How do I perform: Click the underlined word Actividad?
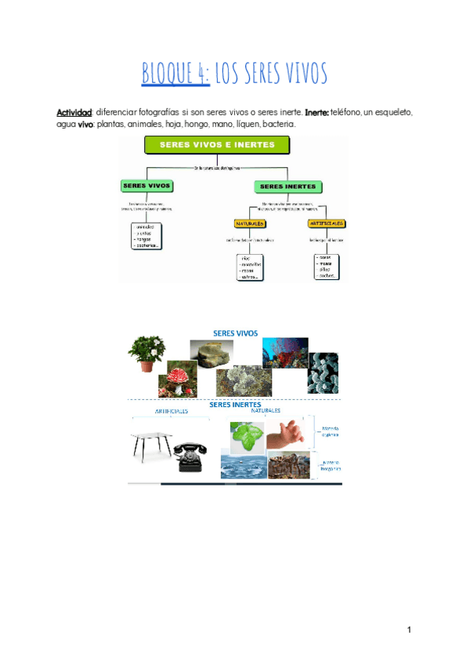[74, 113]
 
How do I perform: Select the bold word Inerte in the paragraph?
[316, 113]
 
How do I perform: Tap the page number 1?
[409, 630]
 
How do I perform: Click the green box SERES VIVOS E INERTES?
[217, 145]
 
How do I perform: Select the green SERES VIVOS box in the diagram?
[146, 187]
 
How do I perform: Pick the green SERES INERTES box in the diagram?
[287, 187]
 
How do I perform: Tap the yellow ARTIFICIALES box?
[327, 223]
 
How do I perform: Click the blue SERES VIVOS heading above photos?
[236, 332]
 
